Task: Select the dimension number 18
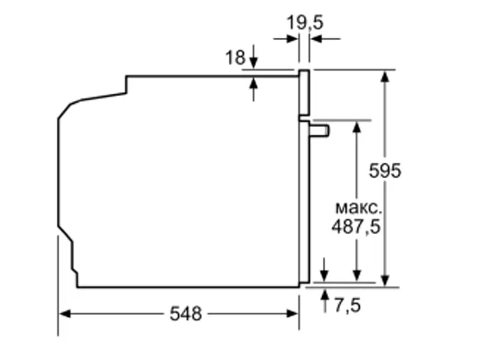click(x=235, y=58)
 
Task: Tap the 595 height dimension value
click(x=384, y=170)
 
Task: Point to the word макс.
click(x=358, y=208)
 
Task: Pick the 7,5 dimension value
click(x=347, y=305)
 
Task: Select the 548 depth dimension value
click(x=185, y=314)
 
